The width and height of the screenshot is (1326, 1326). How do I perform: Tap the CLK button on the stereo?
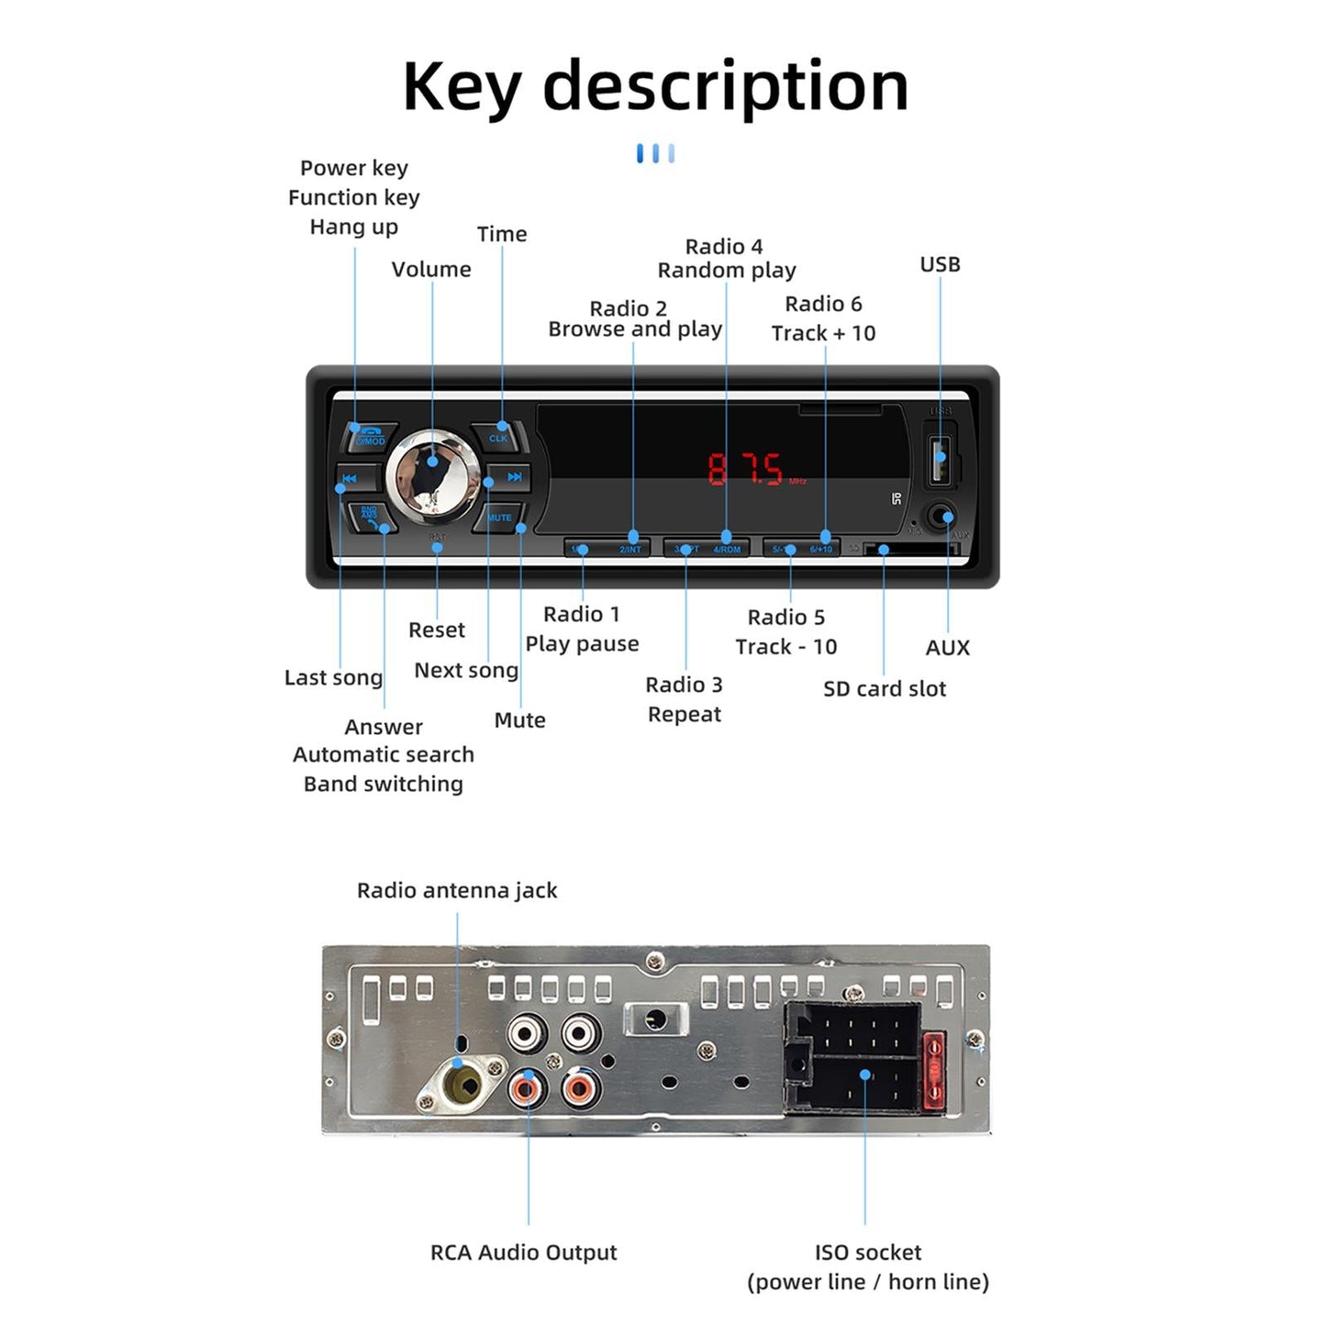[499, 436]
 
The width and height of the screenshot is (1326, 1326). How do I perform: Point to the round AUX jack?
[941, 517]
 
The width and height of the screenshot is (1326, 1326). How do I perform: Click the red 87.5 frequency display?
[746, 470]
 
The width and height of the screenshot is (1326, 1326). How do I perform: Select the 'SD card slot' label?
[884, 689]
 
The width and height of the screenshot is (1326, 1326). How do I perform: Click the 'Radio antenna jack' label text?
[457, 890]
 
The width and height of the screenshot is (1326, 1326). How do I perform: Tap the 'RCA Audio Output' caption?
[523, 1253]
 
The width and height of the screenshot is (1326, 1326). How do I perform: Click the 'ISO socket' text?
[867, 1253]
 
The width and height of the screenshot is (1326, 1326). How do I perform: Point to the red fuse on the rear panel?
[933, 1072]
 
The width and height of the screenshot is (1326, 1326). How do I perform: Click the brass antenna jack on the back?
[462, 1086]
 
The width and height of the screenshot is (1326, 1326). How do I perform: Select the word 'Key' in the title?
[461, 88]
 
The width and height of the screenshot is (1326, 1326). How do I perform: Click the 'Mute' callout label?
[519, 720]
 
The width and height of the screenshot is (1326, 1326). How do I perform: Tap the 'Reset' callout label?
[437, 630]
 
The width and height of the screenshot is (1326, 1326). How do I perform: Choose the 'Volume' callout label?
[431, 270]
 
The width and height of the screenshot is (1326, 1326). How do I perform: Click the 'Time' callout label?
[502, 235]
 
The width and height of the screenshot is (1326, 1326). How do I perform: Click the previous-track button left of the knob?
[354, 478]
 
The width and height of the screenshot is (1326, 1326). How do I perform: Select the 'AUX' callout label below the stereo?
[947, 648]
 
